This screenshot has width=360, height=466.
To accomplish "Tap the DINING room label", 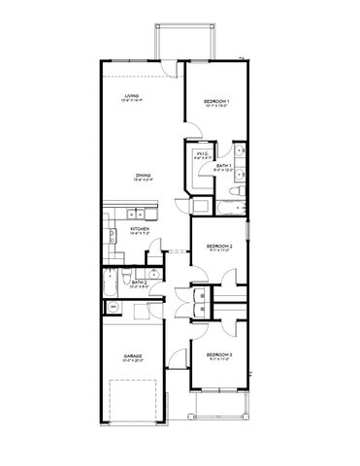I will click(142, 176).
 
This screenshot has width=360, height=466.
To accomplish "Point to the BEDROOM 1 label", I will click(217, 101).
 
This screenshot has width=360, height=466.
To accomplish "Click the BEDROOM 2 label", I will click(220, 247).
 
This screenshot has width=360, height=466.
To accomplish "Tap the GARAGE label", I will click(133, 356).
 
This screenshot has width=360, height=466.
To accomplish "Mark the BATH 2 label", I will click(139, 283).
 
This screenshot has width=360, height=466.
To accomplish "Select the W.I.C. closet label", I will click(203, 153).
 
